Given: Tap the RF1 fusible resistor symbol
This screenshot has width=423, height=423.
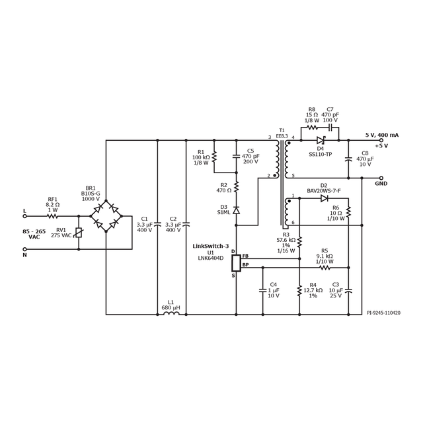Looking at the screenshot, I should coord(53,215).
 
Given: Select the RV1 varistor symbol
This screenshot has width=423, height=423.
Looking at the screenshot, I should coord(79,233).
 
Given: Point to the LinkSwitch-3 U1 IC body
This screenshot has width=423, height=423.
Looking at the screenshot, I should coord(234,262).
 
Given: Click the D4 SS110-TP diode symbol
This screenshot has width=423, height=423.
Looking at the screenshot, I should coord(321,140).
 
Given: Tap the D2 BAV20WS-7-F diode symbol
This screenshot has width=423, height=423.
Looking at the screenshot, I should coord(324,198).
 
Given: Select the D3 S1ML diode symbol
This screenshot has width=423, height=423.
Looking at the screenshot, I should coord(237,210).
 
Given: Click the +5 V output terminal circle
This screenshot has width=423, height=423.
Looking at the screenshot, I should coord(381,140).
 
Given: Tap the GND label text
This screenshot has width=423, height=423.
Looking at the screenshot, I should coord(381,184).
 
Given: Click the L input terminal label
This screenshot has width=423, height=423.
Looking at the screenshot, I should coord(25,210).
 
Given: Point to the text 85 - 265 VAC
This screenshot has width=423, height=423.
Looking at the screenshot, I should coord(34,234).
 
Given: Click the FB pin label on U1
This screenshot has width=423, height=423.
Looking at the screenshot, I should coord(245,256).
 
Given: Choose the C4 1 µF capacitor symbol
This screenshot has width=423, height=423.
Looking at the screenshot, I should coord(262,289).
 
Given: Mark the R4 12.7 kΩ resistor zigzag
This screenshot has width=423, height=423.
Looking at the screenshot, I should coord(299,289).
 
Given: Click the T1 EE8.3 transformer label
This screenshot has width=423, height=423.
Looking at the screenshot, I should coord(282,133).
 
